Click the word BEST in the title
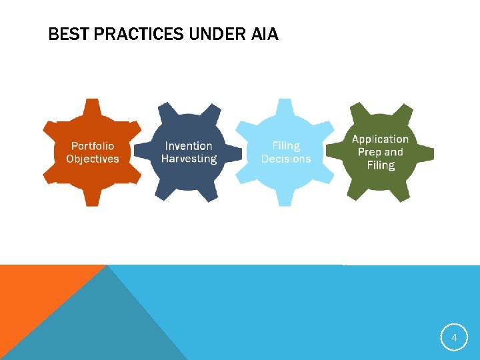click(x=69, y=34)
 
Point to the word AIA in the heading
click(x=265, y=34)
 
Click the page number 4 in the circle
click(x=454, y=338)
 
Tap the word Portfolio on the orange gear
click(x=93, y=146)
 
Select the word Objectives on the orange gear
click(x=93, y=159)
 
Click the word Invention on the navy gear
click(x=189, y=146)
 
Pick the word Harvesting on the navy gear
click(x=189, y=159)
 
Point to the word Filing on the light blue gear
click(x=286, y=145)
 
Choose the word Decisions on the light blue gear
click(x=286, y=159)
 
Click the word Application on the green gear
click(x=380, y=139)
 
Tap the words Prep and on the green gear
click(x=380, y=152)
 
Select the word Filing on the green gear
click(x=380, y=165)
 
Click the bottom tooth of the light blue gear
click(x=285, y=198)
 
